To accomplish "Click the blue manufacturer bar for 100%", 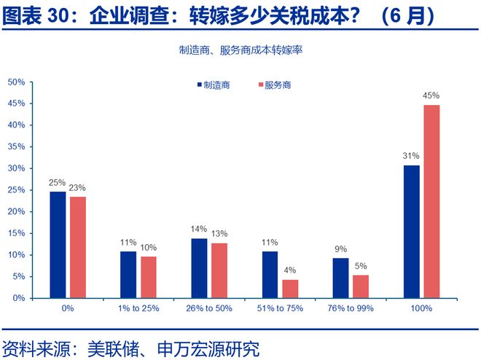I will coord(412,232).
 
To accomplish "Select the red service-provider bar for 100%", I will coord(431,202).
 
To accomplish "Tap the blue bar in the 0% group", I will coord(58,245).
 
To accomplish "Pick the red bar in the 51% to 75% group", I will coord(289,289).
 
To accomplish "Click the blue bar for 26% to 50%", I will coord(200,268).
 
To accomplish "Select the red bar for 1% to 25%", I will coord(149,277).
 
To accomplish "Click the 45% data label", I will coord(431,95).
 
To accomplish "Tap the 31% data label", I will coord(412,156).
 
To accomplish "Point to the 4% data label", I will coord(290,270).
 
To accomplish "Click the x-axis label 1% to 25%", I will coord(138,308).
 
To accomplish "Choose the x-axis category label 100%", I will coord(422,308).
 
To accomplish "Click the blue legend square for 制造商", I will coord(200,85).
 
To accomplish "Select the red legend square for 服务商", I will coord(260,85).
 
